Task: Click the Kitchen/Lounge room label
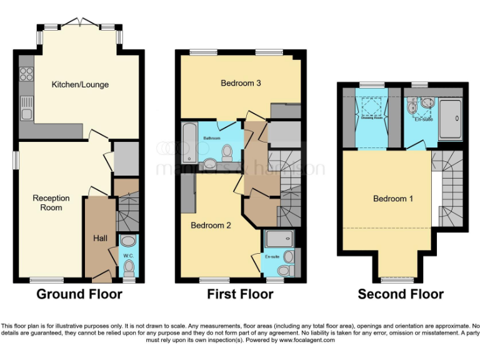(80, 84)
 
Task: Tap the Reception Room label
(51, 202)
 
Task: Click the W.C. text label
(128, 255)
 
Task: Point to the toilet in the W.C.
(129, 267)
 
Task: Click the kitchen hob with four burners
(27, 74)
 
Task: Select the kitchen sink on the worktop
(26, 112)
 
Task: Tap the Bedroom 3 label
(241, 83)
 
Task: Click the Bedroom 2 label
(211, 225)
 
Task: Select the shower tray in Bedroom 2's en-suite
(279, 239)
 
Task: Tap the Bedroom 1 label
(393, 199)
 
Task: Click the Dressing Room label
(371, 118)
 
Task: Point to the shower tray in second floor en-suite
(451, 119)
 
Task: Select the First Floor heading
(241, 294)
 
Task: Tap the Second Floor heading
(401, 294)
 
